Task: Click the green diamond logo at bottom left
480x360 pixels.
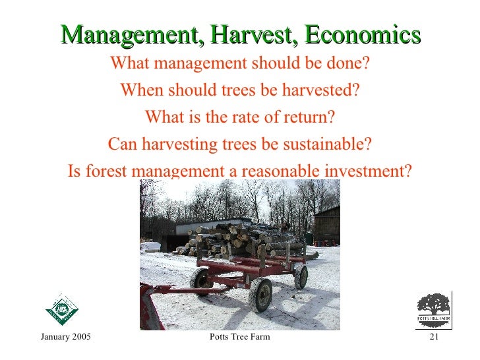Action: click(x=61, y=309)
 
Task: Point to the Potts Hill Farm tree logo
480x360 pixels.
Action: click(x=433, y=309)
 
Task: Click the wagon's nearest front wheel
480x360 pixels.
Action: click(x=261, y=294)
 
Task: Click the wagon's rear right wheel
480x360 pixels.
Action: click(x=301, y=276)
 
